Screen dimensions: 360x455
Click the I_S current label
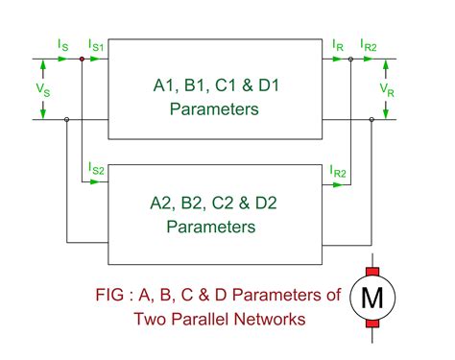(62, 44)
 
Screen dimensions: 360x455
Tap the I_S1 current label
(97, 45)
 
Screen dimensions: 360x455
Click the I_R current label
(336, 44)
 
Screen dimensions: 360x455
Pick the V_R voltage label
(386, 89)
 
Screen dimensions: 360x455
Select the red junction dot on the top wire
(83, 59)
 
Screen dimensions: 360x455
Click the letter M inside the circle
(371, 297)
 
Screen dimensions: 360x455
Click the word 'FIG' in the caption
(113, 295)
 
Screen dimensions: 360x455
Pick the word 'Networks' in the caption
(271, 319)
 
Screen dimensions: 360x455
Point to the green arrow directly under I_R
(336, 59)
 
